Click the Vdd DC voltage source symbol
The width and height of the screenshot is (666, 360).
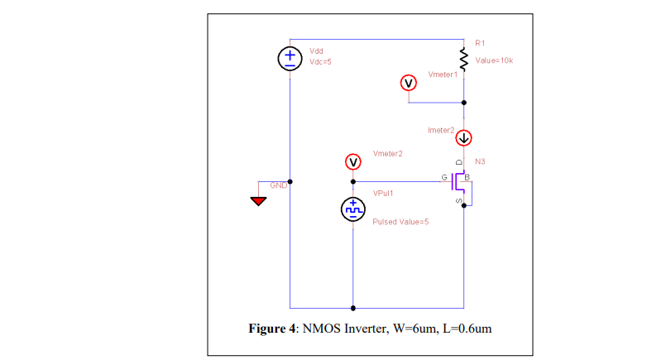[x=290, y=58]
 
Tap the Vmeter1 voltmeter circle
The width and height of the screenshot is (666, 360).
[x=407, y=82]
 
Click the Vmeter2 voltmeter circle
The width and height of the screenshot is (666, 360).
[x=353, y=161]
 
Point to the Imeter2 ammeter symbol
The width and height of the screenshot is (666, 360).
[x=463, y=137]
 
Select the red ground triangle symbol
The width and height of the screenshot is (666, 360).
[x=260, y=200]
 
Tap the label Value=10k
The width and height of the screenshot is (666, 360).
[x=494, y=60]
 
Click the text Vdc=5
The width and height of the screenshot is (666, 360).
[x=320, y=61]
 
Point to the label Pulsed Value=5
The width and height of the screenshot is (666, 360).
[x=400, y=222]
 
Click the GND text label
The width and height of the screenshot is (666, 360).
[x=278, y=185]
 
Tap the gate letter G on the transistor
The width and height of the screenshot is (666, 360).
[x=443, y=177]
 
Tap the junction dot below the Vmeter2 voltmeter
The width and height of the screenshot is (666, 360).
[x=353, y=181]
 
